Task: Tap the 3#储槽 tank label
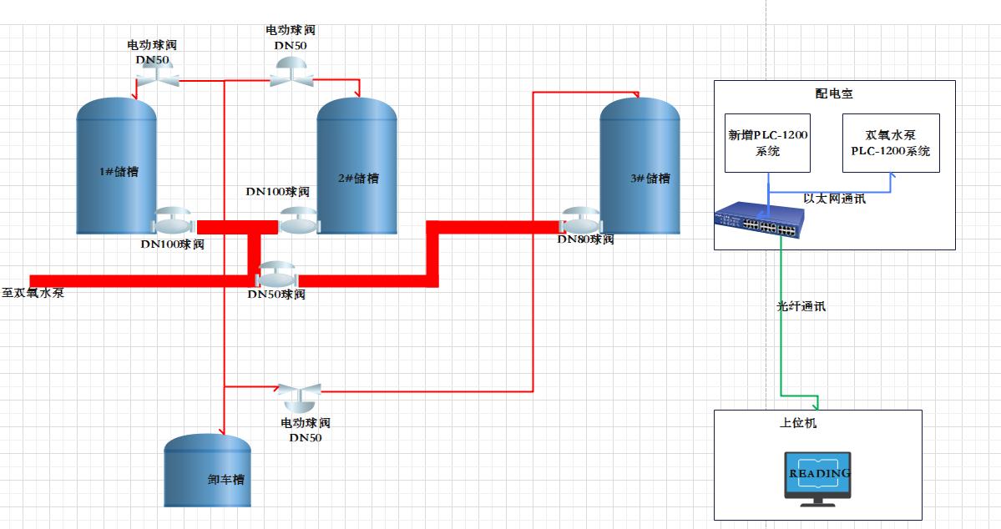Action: tap(650, 179)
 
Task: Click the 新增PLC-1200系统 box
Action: tap(767, 143)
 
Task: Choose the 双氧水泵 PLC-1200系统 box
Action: tap(890, 143)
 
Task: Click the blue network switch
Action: tap(759, 220)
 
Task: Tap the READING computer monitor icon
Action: tap(817, 478)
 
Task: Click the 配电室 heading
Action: tap(834, 93)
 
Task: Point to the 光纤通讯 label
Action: tap(801, 307)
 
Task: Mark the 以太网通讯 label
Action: tap(834, 199)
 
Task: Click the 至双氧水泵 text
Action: tap(33, 294)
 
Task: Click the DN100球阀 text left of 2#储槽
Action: tap(277, 192)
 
